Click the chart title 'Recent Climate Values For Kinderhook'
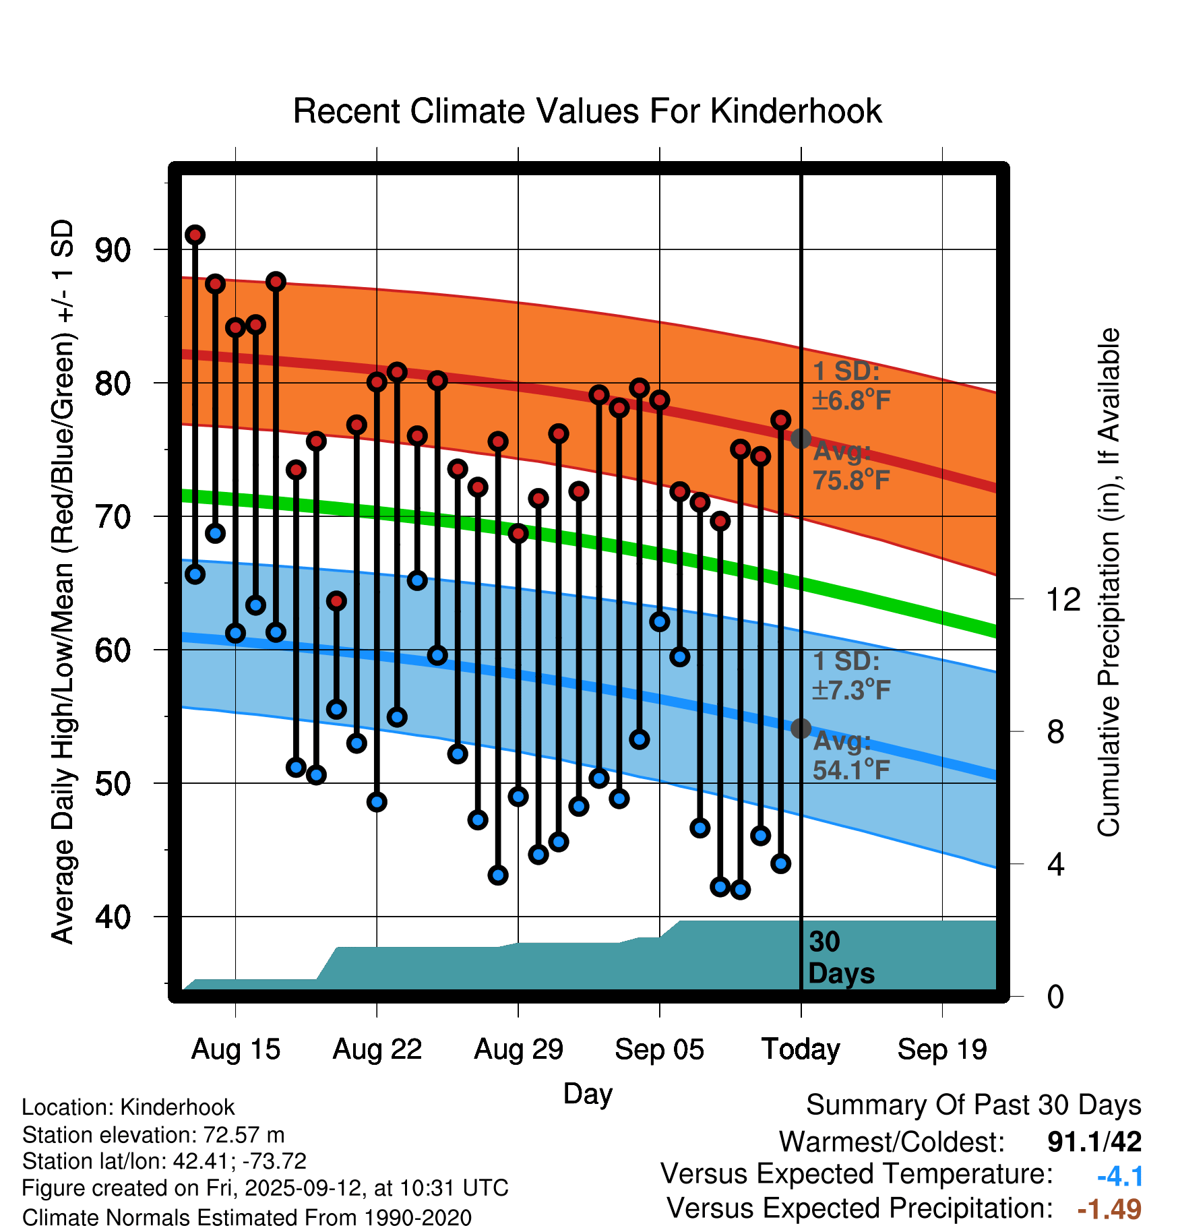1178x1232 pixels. [587, 111]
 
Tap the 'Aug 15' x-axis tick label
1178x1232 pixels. [235, 1049]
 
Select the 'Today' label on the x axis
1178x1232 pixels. [801, 1049]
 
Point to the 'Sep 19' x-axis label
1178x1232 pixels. [942, 1049]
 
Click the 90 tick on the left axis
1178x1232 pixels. [113, 250]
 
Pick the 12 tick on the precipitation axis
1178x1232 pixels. [1063, 599]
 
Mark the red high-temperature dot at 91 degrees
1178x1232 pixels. [195, 235]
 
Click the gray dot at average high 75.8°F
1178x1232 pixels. [801, 439]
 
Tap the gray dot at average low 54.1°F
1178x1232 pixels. [801, 728]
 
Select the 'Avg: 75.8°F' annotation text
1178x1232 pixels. [850, 466]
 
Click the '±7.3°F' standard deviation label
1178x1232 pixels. [851, 689]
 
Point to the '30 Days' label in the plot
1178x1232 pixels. [840, 958]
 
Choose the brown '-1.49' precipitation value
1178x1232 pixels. [1109, 1209]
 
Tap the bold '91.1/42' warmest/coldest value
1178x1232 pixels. [1094, 1142]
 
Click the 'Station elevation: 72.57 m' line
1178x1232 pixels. [153, 1135]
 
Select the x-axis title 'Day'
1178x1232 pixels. [588, 1094]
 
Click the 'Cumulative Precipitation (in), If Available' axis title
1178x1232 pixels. [1109, 583]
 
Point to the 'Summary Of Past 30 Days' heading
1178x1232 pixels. [973, 1105]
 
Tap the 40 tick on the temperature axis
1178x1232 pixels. [113, 917]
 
